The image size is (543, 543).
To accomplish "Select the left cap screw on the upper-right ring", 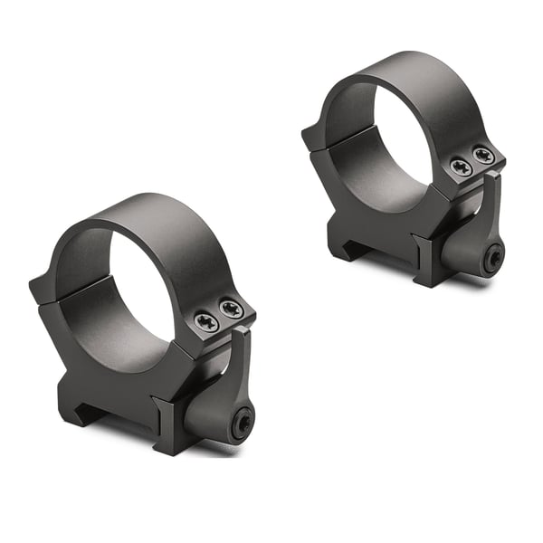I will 459,166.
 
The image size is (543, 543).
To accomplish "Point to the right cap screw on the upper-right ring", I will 483,156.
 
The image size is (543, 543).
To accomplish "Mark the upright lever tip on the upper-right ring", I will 492,181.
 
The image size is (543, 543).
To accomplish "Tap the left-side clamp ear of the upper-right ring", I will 312,136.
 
